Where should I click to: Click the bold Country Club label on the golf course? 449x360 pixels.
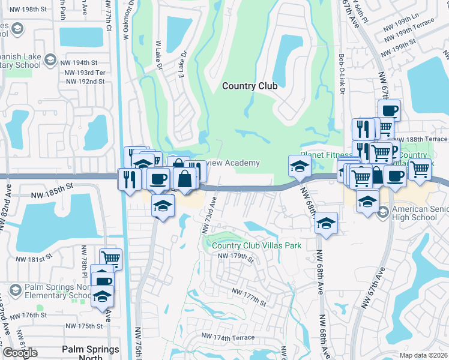tap(250, 86)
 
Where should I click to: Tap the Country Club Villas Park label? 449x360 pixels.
tap(256, 245)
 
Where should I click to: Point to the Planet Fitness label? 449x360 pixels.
tap(324, 155)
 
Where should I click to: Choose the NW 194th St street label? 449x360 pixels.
tap(81, 62)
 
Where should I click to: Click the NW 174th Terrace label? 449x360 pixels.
tap(228, 338)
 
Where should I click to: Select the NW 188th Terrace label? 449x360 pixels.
tap(427, 139)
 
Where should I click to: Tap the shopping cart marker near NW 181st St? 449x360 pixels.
tap(110, 259)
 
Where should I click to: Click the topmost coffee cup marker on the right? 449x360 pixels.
tap(389, 110)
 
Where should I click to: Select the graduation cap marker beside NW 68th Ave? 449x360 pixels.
tap(326, 223)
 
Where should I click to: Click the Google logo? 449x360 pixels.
tap(20, 353)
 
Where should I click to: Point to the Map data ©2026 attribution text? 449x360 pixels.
tap(423, 355)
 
